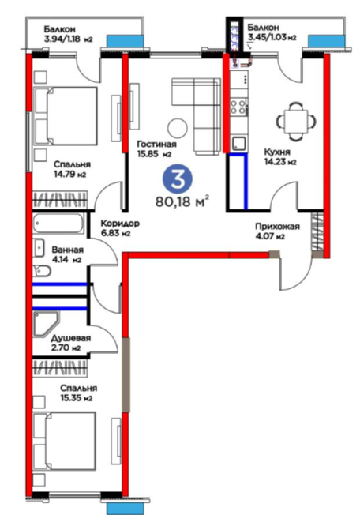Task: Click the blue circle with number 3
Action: pos(178,179)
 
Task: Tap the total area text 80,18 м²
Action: pos(182,201)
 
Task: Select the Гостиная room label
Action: pos(156,145)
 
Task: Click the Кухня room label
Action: pos(277,152)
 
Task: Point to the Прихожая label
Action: pos(277,227)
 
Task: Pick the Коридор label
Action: pos(120,224)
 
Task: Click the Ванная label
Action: pos(68,250)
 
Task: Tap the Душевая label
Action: pos(70,338)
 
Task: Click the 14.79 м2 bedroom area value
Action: pos(69,174)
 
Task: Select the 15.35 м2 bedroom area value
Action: pos(76,398)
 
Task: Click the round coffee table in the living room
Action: pos(178,129)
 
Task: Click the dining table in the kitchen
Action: pos(296,121)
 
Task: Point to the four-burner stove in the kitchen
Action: pos(239,107)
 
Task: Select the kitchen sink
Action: pos(238,144)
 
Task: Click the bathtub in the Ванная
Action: pos(58,224)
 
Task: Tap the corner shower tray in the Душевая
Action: pos(46,324)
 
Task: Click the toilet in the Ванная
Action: pos(41,271)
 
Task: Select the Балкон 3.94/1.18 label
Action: pos(68,35)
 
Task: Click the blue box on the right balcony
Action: pos(327,40)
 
